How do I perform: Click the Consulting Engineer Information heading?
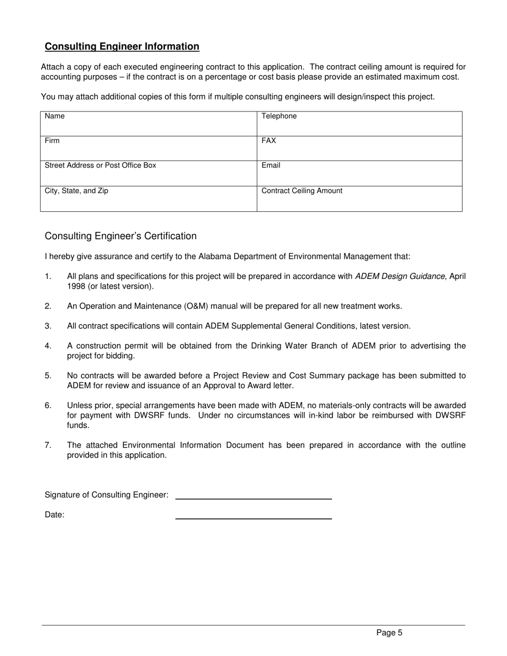pos(122,47)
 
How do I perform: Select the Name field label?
pos(54,116)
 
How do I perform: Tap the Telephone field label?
pos(279,116)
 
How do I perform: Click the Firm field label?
pos(52,141)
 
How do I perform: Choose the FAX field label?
pos(268,141)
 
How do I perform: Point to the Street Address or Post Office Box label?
pos(100,165)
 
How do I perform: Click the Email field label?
pos(271,165)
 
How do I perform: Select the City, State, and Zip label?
pos(76,191)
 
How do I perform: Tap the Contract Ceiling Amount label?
pos(302,191)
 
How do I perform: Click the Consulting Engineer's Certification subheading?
pos(121,236)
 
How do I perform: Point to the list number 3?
pos(48,326)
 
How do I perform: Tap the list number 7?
pos(48,445)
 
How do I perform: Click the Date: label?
pos(54,515)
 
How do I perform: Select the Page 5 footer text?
pos(389,633)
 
